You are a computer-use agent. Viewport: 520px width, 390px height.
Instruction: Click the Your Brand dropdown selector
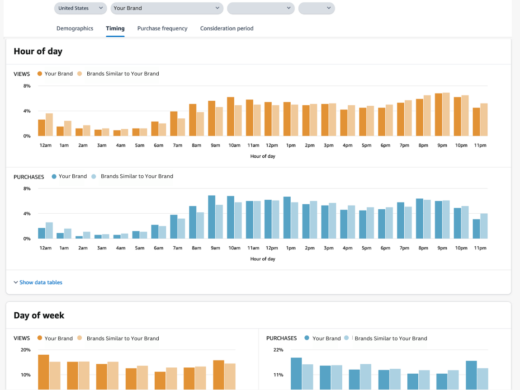click(x=167, y=8)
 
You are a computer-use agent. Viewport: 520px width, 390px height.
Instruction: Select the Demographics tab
click(x=75, y=28)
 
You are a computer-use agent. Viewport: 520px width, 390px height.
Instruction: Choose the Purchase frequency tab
click(x=162, y=28)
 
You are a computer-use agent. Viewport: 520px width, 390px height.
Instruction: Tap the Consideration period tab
click(x=227, y=28)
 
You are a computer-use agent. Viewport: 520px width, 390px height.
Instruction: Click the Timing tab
click(x=115, y=28)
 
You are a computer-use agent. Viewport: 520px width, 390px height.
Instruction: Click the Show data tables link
click(x=41, y=282)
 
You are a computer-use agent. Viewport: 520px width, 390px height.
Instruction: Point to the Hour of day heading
click(x=38, y=52)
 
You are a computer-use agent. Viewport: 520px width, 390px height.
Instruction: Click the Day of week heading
click(x=39, y=315)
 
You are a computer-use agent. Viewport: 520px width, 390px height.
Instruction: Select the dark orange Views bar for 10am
click(x=231, y=117)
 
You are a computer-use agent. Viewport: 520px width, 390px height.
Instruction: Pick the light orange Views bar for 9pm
click(x=446, y=114)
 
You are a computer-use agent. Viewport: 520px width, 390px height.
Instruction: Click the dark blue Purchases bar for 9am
click(x=212, y=217)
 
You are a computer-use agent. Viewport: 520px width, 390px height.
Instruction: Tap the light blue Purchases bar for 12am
click(x=49, y=230)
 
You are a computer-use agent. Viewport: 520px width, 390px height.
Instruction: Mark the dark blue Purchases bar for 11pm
click(x=476, y=229)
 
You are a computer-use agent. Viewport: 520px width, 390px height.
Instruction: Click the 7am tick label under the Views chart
click(x=177, y=146)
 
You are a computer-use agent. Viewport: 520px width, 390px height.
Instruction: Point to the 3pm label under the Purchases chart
click(x=329, y=248)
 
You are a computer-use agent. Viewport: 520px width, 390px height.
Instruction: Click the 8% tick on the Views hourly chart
click(x=27, y=86)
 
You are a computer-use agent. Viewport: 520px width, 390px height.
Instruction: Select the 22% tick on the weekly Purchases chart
click(x=278, y=350)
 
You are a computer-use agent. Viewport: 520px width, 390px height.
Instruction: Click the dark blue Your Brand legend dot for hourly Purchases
click(x=54, y=177)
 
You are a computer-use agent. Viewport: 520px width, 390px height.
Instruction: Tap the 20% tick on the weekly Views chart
click(x=25, y=350)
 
